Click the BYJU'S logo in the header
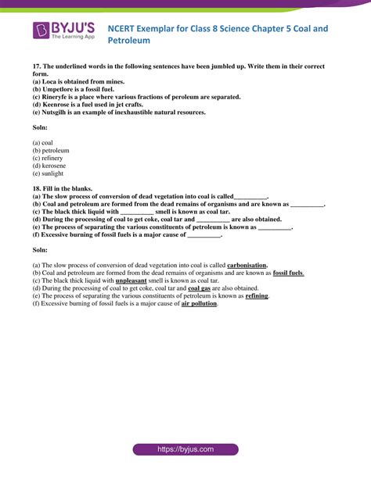(x=64, y=30)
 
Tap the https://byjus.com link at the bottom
(x=185, y=450)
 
